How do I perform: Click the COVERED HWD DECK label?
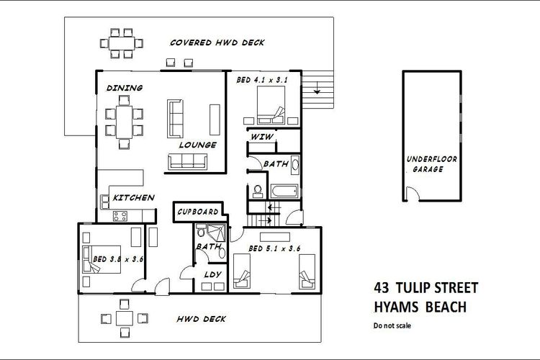coord(217,42)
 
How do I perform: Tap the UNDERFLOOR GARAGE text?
coord(431,164)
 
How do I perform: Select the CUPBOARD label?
coord(198,212)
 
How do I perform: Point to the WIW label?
coord(262,137)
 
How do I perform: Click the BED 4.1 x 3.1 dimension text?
coord(262,80)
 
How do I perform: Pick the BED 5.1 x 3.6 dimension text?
coord(274,248)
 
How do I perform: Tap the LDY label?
coord(212,274)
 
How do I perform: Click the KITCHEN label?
coord(134,198)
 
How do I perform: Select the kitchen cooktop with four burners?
coord(120,216)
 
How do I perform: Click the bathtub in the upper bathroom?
coord(284,191)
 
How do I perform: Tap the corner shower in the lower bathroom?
coord(216,233)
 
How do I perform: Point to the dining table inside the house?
coord(124,122)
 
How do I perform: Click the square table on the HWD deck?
coord(125,318)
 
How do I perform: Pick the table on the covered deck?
coord(122,43)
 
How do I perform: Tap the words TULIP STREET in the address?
coord(437,288)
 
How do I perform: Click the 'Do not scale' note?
coord(392,325)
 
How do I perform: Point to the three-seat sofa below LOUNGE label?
coord(188,161)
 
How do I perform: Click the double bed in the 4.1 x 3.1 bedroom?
coord(271,104)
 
